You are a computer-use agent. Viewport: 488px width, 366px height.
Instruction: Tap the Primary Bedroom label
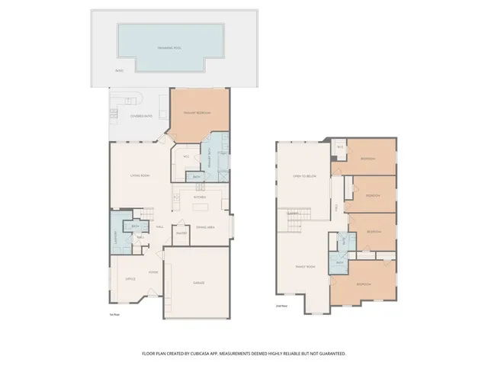[x=197, y=114]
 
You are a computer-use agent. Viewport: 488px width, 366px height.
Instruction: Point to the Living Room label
[x=139, y=176]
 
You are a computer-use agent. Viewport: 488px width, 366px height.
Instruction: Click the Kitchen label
[x=200, y=197]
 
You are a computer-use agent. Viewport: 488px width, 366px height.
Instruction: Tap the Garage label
[x=198, y=283]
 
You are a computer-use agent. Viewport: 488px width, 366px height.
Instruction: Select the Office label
[x=130, y=279]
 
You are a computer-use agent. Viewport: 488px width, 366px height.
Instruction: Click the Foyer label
[x=152, y=271]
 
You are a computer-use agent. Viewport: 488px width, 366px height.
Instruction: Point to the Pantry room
[x=181, y=233]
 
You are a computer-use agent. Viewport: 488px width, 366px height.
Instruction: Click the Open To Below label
[x=303, y=176]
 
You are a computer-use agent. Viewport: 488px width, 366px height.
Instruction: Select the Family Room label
[x=305, y=266]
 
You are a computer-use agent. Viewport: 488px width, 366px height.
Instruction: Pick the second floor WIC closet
[x=341, y=146]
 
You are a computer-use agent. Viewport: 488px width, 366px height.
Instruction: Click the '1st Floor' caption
[x=115, y=313]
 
